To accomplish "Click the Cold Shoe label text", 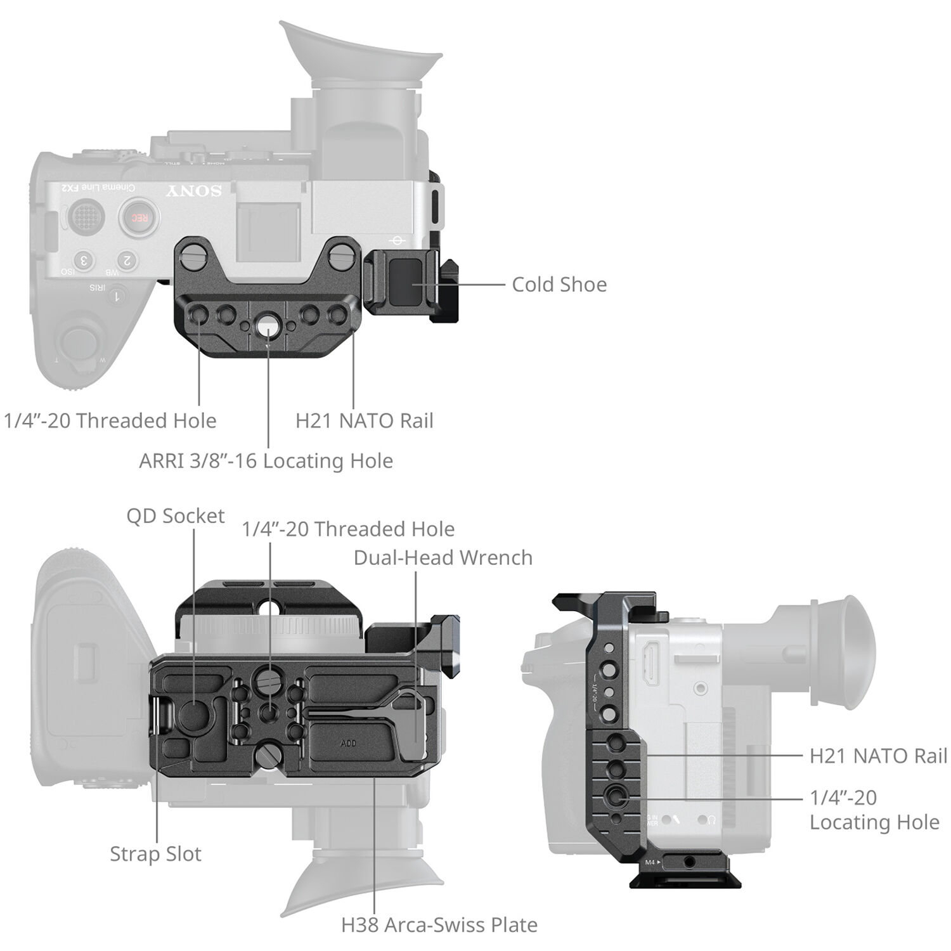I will pos(559,285).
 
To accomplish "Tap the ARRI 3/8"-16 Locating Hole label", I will pos(266,461).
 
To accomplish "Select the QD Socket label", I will pos(175,516).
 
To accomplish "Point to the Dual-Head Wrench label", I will pos(443,558).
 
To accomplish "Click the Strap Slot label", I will pos(155,854).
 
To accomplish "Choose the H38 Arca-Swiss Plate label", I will pos(439,925).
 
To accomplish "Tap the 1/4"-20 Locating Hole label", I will pos(874,810).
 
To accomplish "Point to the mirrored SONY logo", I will pos(193,191).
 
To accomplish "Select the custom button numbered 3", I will pos(84,260).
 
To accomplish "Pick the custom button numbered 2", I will pos(127,260).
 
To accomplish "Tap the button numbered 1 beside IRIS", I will pos(116,295).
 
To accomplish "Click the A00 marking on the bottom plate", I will pos(348,743).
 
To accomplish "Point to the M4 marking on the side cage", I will pos(650,862).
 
